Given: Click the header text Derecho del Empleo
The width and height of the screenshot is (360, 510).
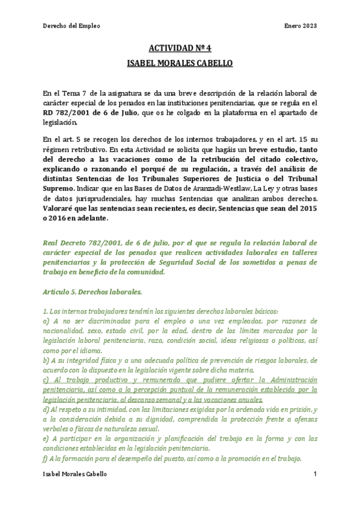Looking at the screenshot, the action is tap(72, 26).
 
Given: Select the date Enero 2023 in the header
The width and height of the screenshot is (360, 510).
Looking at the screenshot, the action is tap(300, 26).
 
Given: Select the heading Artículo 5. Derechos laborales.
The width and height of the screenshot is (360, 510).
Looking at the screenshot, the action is tap(92, 292).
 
